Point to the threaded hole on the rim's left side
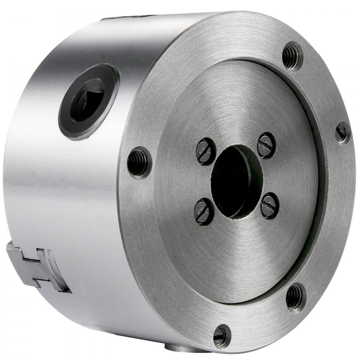coord(138,162)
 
